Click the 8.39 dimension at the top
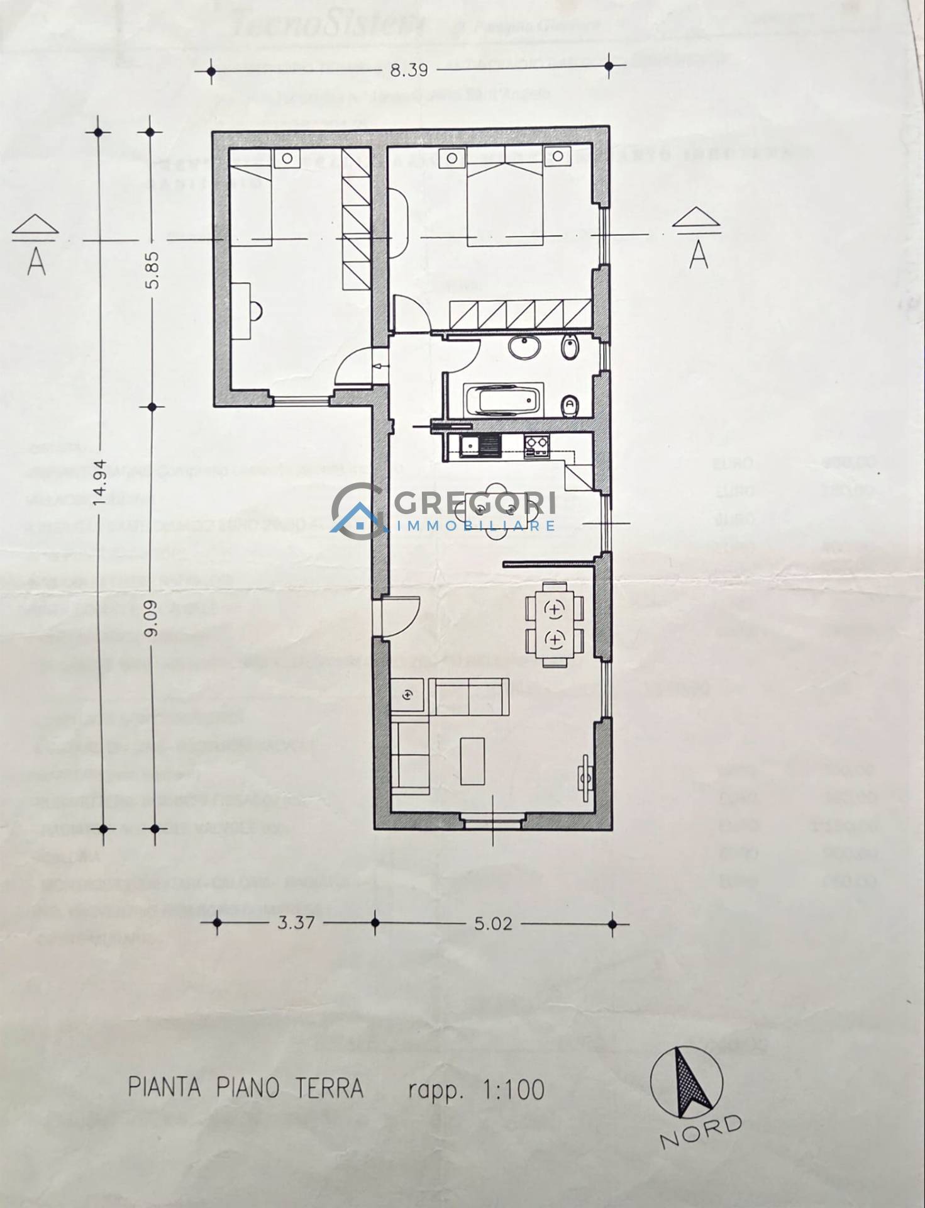pos(409,70)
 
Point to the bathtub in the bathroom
pos(502,401)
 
